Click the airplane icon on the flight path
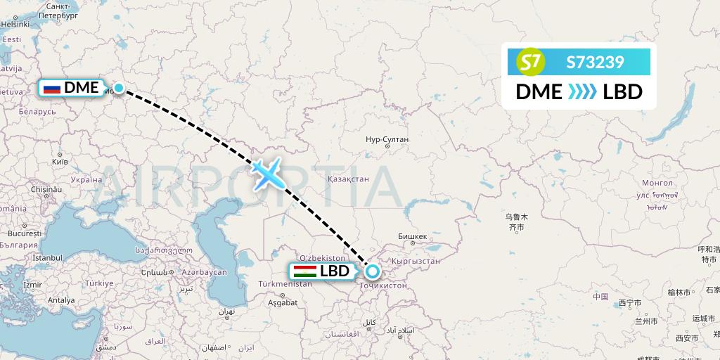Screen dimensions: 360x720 pos(266,173)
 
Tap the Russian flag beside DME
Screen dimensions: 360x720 pos(51,88)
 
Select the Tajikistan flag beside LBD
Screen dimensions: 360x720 pos(304,271)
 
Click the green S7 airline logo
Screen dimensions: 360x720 pos(531,63)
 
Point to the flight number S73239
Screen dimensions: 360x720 pos(595,63)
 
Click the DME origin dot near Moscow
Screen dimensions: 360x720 pos(119,88)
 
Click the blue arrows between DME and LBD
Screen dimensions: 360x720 pos(582,92)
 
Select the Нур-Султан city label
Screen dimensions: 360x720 pos(387,140)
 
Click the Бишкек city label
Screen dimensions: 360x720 pos(412,236)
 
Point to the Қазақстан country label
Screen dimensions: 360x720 pos(348,179)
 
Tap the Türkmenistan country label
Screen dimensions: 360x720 pos(285,283)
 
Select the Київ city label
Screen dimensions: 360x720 pos(60,161)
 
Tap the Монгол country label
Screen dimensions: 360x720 pos(657,183)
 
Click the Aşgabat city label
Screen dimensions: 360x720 pos(283,303)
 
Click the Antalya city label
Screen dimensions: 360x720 pos(61,300)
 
